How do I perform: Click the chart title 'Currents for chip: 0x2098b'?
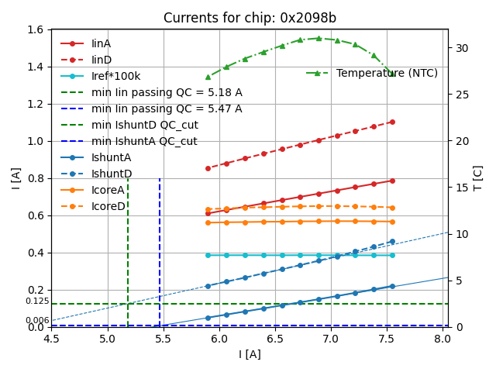250,19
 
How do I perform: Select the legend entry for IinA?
101,43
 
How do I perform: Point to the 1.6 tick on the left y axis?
38,29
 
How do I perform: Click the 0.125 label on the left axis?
36,301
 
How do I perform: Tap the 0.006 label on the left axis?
36,320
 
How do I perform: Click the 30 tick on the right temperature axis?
457,48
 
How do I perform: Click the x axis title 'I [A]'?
250,354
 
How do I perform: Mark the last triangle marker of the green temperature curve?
392,74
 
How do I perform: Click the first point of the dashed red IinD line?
208,168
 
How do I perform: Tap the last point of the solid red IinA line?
392,181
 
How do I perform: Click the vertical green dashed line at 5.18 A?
128,256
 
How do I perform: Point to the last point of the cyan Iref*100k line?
392,255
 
